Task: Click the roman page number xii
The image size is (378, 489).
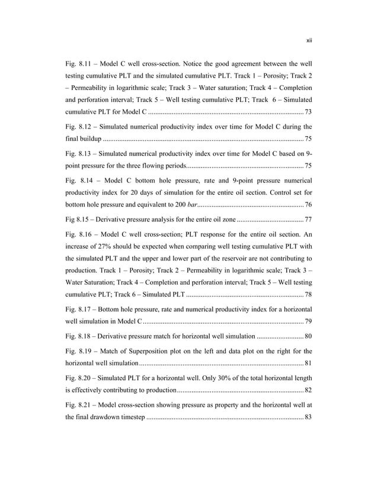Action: pos(309,40)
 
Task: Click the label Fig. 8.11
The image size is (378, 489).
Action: pos(77,63)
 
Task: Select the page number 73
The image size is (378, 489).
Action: pos(307,112)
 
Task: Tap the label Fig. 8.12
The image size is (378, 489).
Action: pos(77,128)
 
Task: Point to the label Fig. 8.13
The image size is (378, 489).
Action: pos(77,154)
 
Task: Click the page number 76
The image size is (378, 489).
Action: pos(307,205)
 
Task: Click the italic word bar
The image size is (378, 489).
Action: pos(191,205)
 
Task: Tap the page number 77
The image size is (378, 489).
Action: pos(307,219)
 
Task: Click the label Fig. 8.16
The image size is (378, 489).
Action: pos(77,234)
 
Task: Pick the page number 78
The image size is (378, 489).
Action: pos(307,295)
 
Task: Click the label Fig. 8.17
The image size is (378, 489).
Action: pos(77,309)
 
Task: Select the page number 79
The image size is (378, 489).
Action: pos(307,321)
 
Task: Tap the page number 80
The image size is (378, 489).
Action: pos(307,336)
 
